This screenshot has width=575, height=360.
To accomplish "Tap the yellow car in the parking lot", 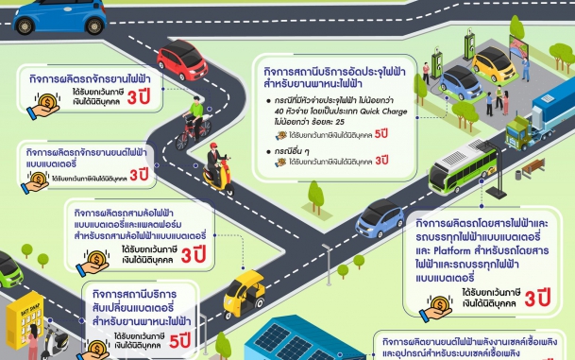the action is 497,63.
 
